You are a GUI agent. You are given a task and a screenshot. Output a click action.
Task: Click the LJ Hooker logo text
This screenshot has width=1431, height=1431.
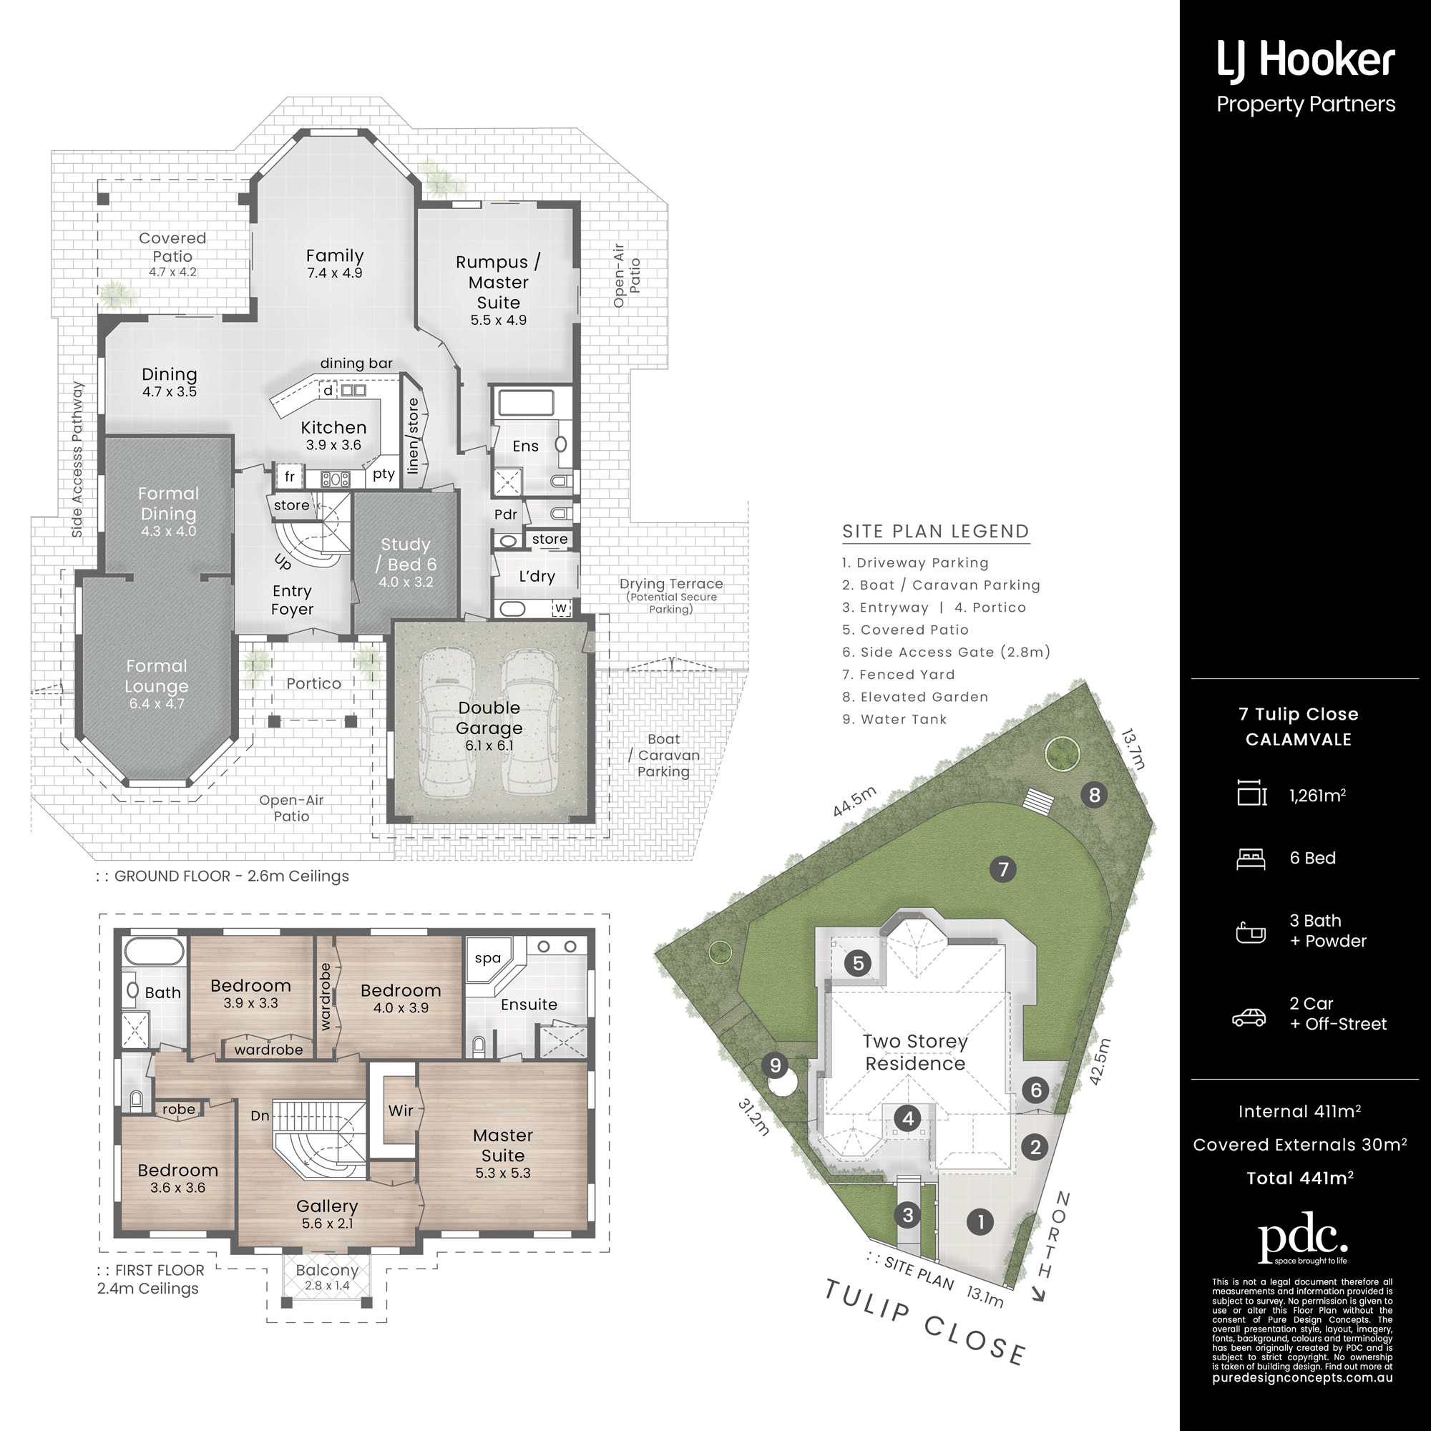coord(1306,60)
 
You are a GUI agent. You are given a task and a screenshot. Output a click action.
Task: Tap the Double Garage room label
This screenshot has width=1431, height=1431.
coord(489,718)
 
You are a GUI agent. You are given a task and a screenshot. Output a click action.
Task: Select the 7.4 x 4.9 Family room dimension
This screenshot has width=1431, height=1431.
coord(335,273)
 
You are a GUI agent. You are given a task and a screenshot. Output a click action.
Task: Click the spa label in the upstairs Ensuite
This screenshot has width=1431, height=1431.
coord(487,958)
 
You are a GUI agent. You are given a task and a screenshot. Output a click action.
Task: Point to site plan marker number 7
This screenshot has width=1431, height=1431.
coord(1003,869)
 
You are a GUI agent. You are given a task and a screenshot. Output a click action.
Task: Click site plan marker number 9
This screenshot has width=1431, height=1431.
coord(775,1065)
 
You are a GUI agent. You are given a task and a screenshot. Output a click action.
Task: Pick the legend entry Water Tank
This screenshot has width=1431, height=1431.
coord(895,719)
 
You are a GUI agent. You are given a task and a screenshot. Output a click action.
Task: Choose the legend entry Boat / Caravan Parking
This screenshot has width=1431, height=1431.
coord(942,585)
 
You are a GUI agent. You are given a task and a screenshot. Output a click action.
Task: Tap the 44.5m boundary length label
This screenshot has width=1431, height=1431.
coord(855,801)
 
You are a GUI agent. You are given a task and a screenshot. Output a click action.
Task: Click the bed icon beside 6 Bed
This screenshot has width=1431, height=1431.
coord(1251,859)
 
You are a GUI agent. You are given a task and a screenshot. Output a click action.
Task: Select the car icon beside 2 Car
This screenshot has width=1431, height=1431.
coord(1249,1017)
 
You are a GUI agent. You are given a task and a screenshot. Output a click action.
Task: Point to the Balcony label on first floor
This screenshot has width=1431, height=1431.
coord(327,1269)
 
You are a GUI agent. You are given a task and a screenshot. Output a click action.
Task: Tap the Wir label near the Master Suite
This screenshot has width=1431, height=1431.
coord(401,1110)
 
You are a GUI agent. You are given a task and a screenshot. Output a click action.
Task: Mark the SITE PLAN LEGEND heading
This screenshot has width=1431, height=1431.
coord(935,531)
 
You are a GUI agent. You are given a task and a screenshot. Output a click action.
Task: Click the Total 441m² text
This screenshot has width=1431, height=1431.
coord(1300,1178)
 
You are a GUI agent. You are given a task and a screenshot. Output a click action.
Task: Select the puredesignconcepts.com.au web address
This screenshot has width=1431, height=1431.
coord(1302,1379)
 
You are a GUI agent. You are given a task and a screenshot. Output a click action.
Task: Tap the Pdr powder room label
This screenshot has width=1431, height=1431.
coord(506,514)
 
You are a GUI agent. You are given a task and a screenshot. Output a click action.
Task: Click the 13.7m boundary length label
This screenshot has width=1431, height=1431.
coord(1133,750)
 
